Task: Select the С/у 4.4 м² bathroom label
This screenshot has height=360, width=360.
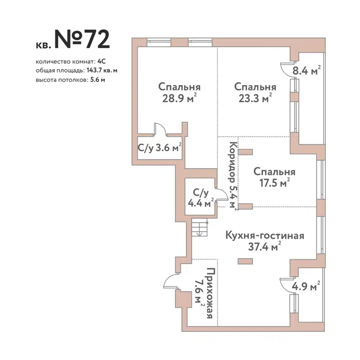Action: coord(201,198)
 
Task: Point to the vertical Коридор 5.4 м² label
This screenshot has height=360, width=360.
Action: coord(232,175)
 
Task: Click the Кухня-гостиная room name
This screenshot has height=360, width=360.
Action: coord(265,235)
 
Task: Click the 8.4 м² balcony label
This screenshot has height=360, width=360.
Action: coord(306,70)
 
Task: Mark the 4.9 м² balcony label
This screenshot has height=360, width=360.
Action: coord(306,286)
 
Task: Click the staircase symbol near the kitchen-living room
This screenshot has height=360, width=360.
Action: coord(198,229)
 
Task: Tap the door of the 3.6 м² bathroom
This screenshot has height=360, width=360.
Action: coord(160,129)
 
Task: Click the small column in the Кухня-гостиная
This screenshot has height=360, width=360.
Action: coord(245,260)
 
